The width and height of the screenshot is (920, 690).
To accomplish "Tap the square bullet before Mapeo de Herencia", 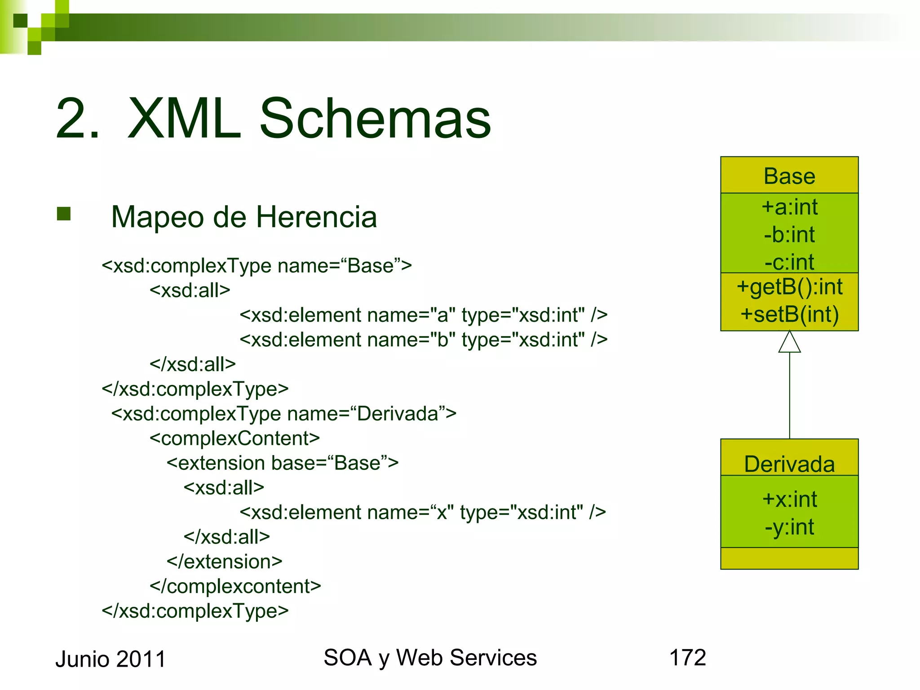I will click(x=64, y=214).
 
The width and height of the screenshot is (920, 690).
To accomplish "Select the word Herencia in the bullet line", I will click(x=316, y=217).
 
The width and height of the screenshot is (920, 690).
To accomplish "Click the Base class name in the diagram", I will click(x=789, y=176).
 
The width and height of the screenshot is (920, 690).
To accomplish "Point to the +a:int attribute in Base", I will click(x=789, y=207).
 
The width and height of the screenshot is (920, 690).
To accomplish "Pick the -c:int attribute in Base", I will click(x=789, y=262).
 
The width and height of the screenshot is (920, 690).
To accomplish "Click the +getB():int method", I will click(x=789, y=287).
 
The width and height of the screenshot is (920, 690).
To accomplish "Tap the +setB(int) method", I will click(x=789, y=314).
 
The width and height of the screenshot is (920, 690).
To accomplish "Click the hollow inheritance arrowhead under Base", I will click(x=789, y=342).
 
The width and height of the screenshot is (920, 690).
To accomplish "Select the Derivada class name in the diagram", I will click(x=789, y=464).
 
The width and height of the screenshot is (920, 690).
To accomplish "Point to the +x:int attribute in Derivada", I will click(x=789, y=499).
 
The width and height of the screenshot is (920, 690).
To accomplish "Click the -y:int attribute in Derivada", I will click(x=789, y=527).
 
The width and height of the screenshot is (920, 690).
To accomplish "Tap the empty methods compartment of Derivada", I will click(x=789, y=558).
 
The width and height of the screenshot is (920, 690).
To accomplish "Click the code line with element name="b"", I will click(x=423, y=340).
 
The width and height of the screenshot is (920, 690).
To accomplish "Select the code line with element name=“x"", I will click(x=422, y=513).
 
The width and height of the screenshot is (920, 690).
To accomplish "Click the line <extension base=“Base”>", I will click(x=282, y=463).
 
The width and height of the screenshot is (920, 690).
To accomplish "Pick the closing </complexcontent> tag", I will click(x=235, y=587).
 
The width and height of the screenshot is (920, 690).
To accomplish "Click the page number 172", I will click(x=687, y=658).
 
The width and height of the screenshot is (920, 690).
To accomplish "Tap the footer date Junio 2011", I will click(x=111, y=659).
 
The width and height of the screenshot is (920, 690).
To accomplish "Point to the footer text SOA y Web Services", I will click(x=430, y=658).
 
